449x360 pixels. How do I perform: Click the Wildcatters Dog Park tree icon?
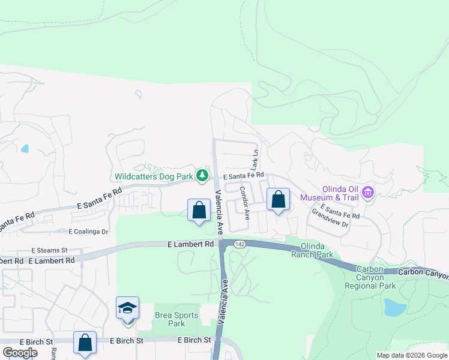(x=203, y=176)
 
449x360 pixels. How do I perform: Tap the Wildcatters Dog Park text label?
(x=154, y=176)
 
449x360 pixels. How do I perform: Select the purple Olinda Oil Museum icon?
(x=368, y=193)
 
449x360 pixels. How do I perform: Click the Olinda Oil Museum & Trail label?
(x=330, y=193)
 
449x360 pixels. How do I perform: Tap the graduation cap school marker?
(x=128, y=308)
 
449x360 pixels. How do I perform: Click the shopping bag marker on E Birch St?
(x=85, y=343)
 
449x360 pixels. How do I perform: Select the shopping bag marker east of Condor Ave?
(x=278, y=200)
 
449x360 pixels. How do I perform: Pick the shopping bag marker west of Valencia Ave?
(x=199, y=211)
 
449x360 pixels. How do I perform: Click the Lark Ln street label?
(x=255, y=160)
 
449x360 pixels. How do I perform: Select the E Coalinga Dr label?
(x=88, y=232)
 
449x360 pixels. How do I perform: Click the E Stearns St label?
(x=50, y=250)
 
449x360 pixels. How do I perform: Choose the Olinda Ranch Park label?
(x=312, y=250)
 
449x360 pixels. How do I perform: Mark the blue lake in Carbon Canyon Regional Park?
(x=394, y=307)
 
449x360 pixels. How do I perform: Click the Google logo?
(x=20, y=353)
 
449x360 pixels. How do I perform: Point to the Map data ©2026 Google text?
(x=411, y=355)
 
